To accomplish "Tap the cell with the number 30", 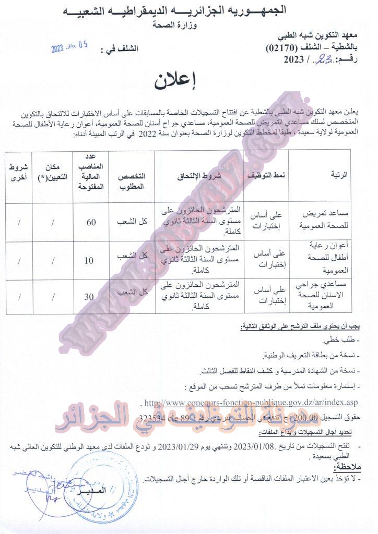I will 90,297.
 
